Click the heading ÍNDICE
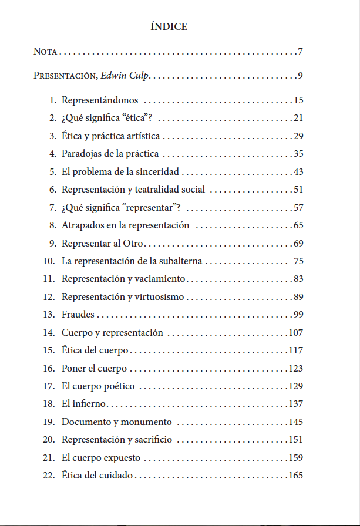pyautogui.click(x=169, y=26)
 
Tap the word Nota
pyautogui.click(x=45, y=52)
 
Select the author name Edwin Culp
pyautogui.click(x=125, y=76)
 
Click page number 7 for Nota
pyautogui.click(x=300, y=52)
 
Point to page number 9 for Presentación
pyautogui.click(x=300, y=76)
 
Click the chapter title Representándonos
pyautogui.click(x=100, y=100)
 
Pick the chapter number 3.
pyautogui.click(x=53, y=137)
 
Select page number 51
pyautogui.click(x=298, y=190)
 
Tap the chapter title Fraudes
pyautogui.click(x=78, y=315)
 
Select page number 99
pyautogui.click(x=298, y=315)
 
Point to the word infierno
pyautogui.click(x=89, y=404)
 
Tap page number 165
pyautogui.click(x=295, y=476)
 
